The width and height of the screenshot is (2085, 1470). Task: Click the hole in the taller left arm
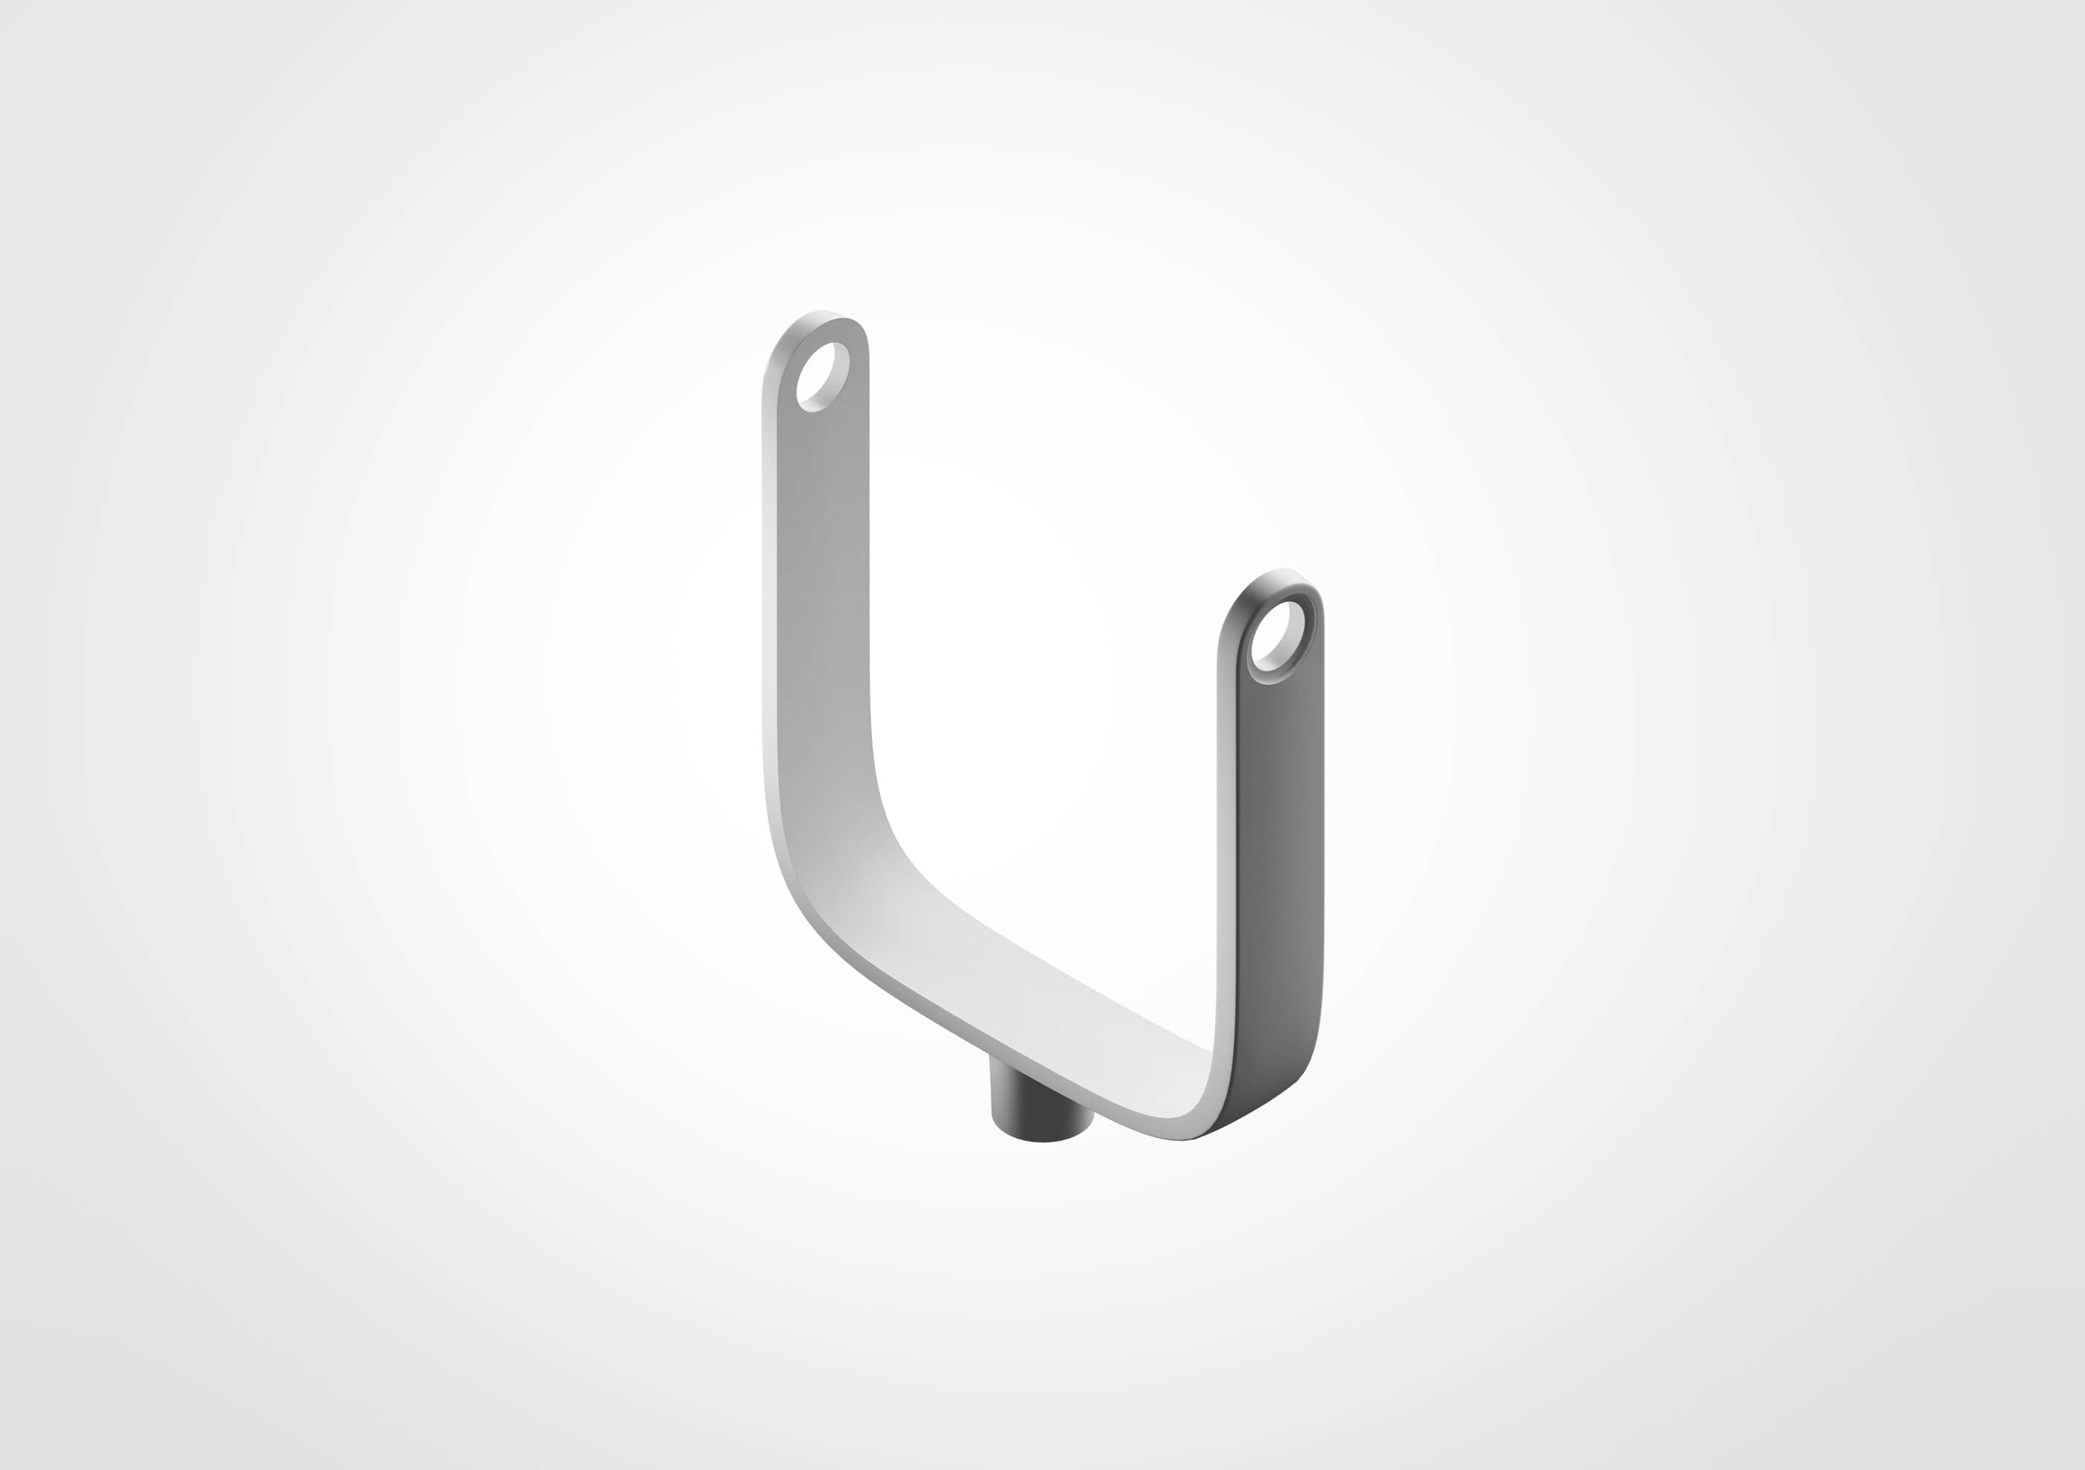point(822,376)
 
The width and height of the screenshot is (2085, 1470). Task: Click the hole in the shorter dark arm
point(1277,635)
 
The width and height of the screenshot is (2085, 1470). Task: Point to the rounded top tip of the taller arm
point(822,319)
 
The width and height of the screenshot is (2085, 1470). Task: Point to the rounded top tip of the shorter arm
point(1276,577)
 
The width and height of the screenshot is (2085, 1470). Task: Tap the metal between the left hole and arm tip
point(822,331)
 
